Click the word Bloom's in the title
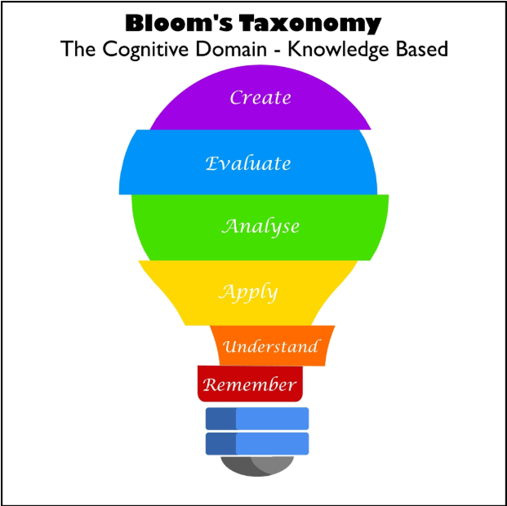pyautogui.click(x=179, y=23)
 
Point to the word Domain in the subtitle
pyautogui.click(x=232, y=49)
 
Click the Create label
pyautogui.click(x=260, y=97)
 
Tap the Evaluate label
pyautogui.click(x=248, y=163)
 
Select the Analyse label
pyautogui.click(x=260, y=227)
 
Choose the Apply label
pyautogui.click(x=248, y=293)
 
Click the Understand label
pyautogui.click(x=271, y=346)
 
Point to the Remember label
pyautogui.click(x=250, y=384)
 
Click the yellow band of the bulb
pyautogui.click(x=248, y=293)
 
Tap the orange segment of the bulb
pyautogui.click(x=272, y=346)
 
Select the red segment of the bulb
pyautogui.click(x=250, y=384)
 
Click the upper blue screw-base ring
pyautogui.click(x=257, y=419)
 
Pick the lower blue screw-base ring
pyautogui.click(x=257, y=443)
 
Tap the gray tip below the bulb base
pyautogui.click(x=257, y=466)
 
